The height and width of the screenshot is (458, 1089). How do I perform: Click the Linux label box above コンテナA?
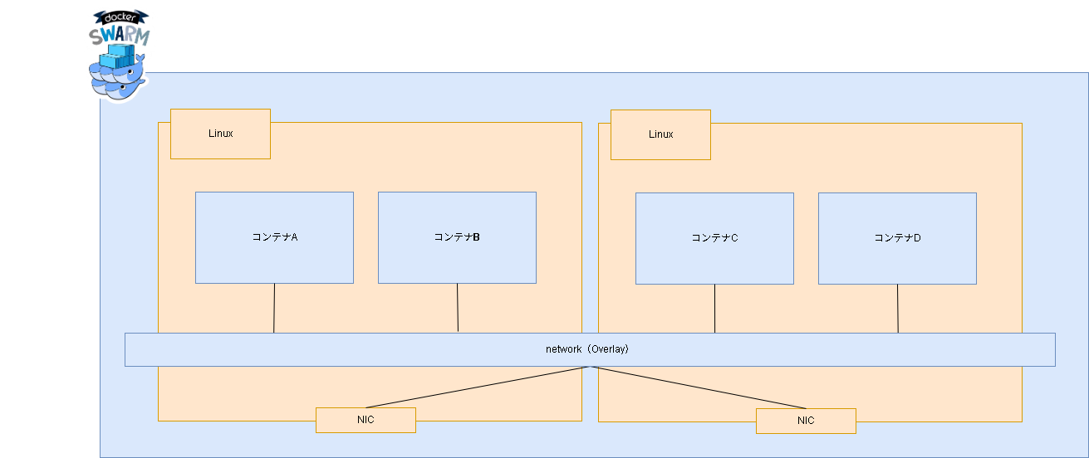(220, 134)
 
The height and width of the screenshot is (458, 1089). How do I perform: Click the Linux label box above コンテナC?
(660, 134)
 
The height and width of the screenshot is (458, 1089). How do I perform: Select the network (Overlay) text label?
(587, 349)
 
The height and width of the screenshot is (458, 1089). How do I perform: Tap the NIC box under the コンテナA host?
(365, 420)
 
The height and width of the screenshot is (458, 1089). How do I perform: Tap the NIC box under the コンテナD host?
(806, 421)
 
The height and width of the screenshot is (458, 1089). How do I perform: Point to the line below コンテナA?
(274, 308)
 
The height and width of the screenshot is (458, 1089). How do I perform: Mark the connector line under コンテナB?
(458, 308)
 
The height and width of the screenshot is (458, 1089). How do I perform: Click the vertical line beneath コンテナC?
(714, 309)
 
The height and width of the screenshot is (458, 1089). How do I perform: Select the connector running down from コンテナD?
(897, 309)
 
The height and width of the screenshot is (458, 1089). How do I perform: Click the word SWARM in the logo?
(120, 36)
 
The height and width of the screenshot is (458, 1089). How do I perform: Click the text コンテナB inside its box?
(457, 237)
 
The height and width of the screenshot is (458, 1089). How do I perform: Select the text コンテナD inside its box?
(897, 238)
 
